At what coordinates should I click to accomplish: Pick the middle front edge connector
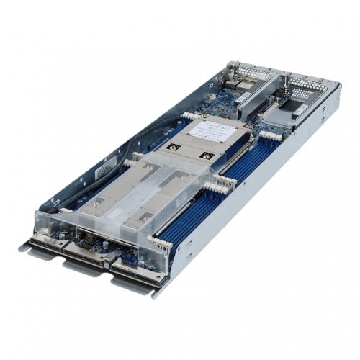click(91, 256)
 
